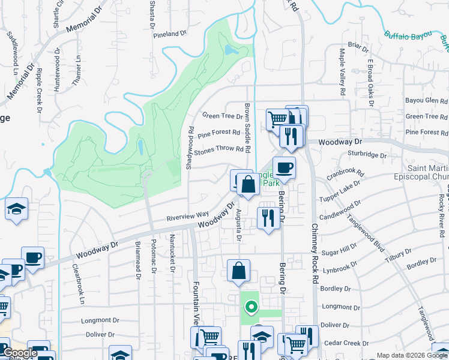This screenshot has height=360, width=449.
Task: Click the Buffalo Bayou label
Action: pyautogui.click(x=408, y=37)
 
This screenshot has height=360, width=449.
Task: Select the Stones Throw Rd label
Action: pyautogui.click(x=218, y=149)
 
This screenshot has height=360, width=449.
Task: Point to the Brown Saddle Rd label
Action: pyautogui.click(x=247, y=127)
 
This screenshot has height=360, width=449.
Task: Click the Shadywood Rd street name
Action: pyautogui.click(x=190, y=148)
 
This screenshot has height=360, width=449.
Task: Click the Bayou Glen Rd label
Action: pyautogui.click(x=427, y=101)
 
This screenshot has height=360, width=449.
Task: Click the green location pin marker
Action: pyautogui.click(x=251, y=308)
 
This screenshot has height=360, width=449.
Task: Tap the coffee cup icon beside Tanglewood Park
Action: pyautogui.click(x=284, y=167)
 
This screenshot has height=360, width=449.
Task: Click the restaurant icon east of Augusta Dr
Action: pyautogui.click(x=268, y=217)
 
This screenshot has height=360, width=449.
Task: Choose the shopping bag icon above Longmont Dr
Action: pyautogui.click(x=239, y=270)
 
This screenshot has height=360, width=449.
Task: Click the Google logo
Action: pyautogui.click(x=20, y=353)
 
